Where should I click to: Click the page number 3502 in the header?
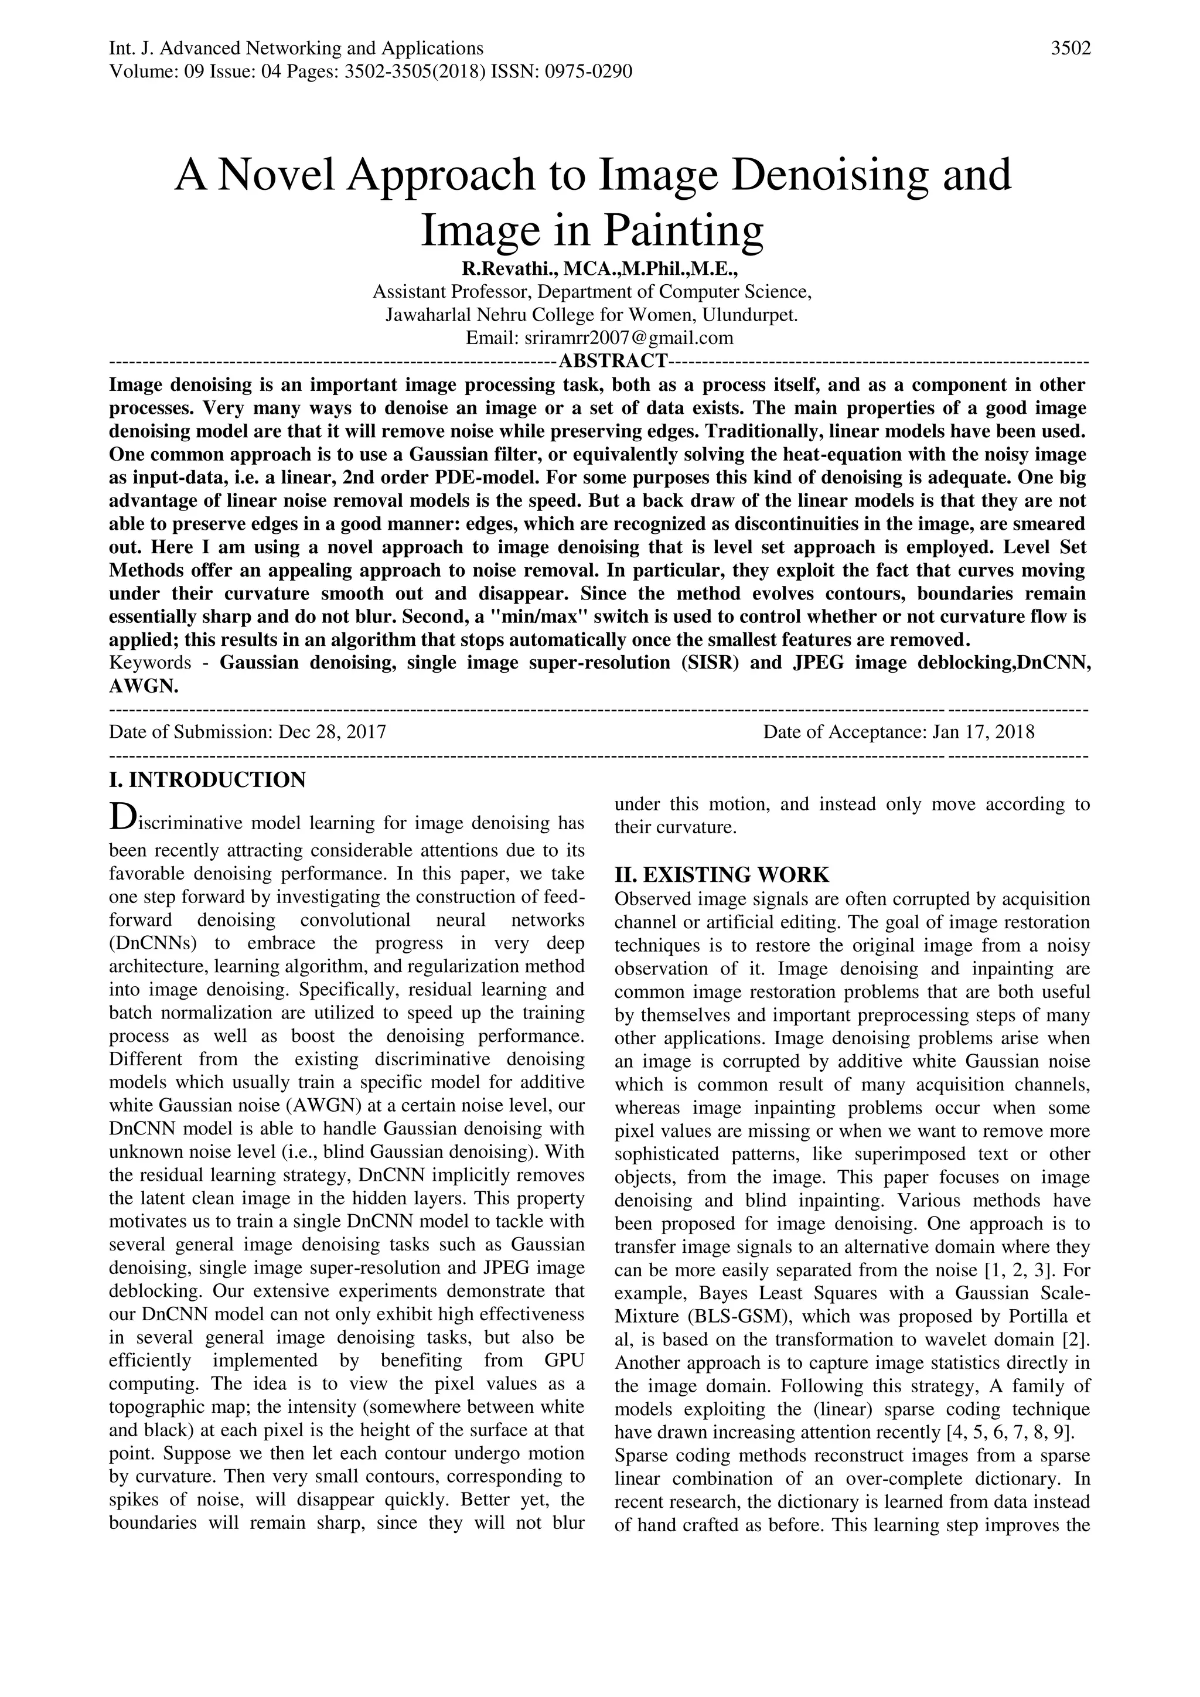tap(1071, 49)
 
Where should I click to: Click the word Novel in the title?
tap(275, 175)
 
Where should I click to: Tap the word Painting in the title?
tap(684, 231)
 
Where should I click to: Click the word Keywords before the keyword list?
tap(150, 662)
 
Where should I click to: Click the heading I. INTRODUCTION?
tap(207, 780)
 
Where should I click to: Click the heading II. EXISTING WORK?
tap(722, 875)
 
